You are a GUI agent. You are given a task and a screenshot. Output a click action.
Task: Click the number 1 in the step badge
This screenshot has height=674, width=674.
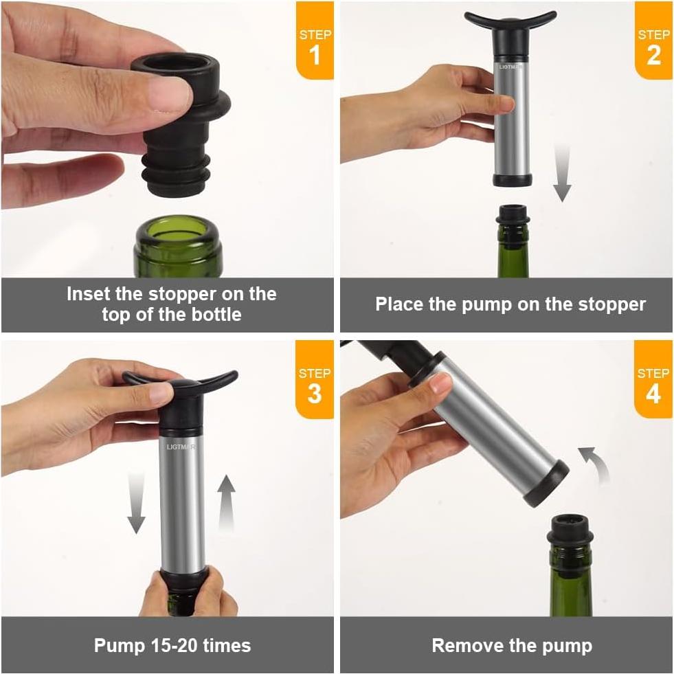pyautogui.click(x=315, y=55)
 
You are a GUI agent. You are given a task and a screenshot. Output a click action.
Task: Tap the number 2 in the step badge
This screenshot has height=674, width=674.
pyautogui.click(x=653, y=55)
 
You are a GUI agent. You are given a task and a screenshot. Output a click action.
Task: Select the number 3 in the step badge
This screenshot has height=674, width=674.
pyautogui.click(x=315, y=394)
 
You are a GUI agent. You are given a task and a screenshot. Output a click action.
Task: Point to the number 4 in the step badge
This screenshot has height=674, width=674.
pyautogui.click(x=653, y=394)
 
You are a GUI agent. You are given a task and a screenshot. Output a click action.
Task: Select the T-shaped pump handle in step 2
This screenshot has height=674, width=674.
pyautogui.click(x=510, y=20)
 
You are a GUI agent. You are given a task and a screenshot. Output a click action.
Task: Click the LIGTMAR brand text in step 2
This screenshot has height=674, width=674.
pyautogui.click(x=510, y=67)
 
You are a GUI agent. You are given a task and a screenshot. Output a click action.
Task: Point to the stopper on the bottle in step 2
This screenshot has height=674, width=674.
pyautogui.click(x=513, y=215)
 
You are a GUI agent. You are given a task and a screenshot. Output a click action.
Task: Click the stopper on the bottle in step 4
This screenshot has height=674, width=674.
pyautogui.click(x=570, y=529)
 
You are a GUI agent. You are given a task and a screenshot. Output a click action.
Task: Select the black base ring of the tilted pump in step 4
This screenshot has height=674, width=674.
pyautogui.click(x=547, y=484)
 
